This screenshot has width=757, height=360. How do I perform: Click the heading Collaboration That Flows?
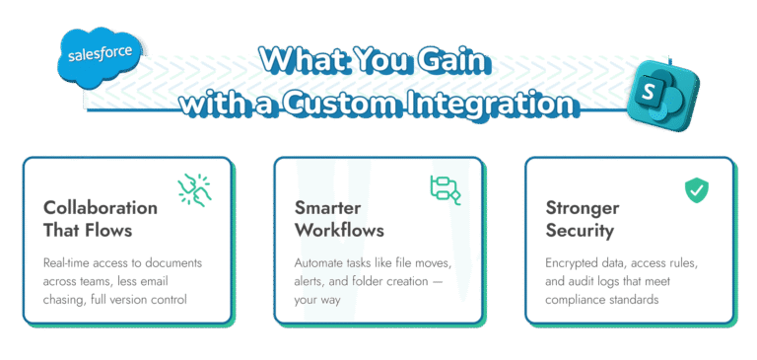coord(100,219)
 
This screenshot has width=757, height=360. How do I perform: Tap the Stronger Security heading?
coord(583,219)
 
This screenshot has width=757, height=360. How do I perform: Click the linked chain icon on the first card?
coord(194,190)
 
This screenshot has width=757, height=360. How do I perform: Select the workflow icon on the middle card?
coord(446,189)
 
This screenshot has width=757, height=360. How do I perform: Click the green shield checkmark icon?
coord(698,189)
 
